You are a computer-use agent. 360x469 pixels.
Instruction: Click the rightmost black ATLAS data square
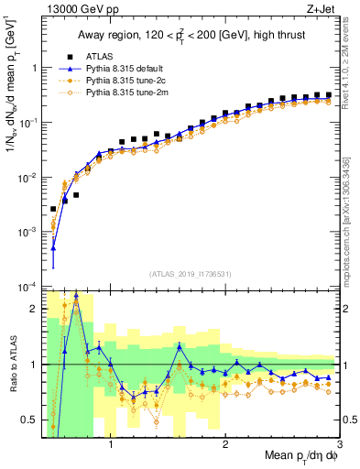pyautogui.click(x=328, y=94)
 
